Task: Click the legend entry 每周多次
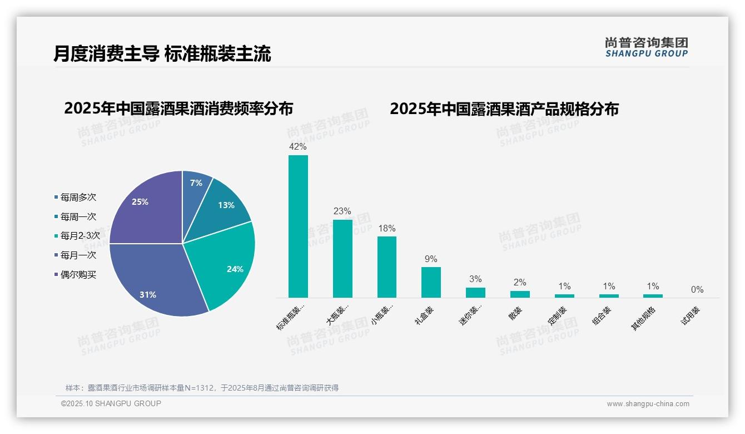coord(78,198)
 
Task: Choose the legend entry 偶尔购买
coord(78,275)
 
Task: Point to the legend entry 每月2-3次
coord(80,236)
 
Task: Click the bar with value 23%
coord(342,259)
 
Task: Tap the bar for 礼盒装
coord(431,282)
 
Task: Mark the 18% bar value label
coord(386,229)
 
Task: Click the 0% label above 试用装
coord(697,290)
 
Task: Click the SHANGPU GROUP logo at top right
coord(647,47)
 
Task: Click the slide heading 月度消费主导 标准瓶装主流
coord(162,54)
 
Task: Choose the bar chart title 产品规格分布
coord(504,109)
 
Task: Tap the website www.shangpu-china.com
coord(648,404)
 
